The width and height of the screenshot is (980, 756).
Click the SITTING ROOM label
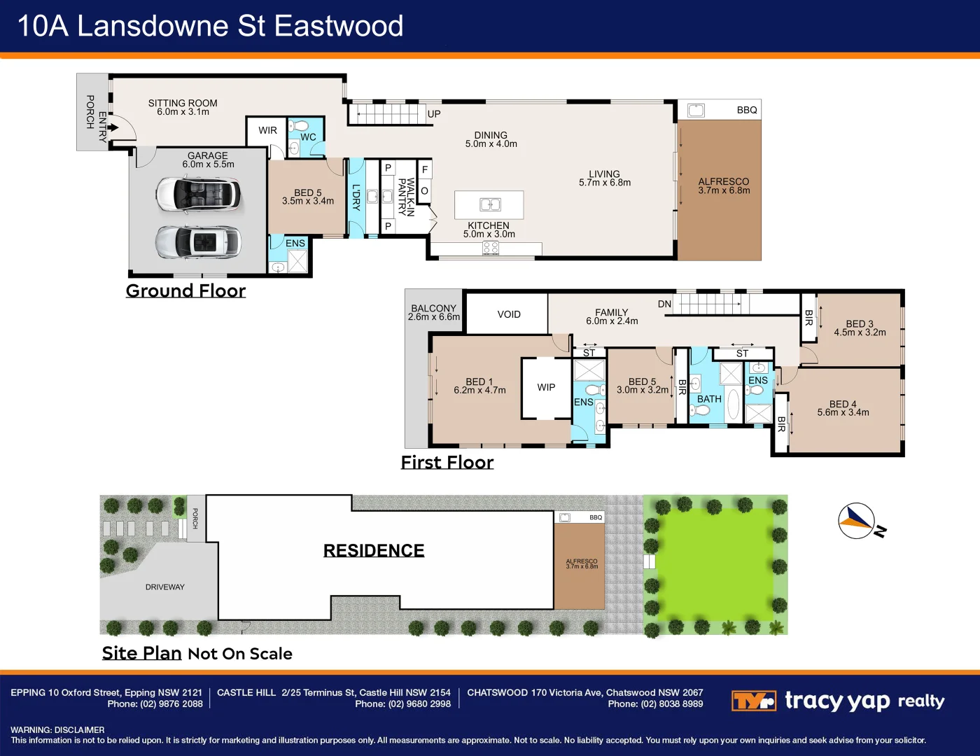point(183,103)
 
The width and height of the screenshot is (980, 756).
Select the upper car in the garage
point(198,193)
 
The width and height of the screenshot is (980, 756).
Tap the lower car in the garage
point(198,242)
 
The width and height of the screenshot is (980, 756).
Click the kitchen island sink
point(490,204)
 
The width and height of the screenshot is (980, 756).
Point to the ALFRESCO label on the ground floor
point(724,181)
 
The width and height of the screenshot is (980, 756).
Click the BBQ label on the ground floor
point(747,110)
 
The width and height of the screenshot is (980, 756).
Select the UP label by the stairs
point(434,114)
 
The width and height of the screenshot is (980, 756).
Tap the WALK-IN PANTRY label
point(406,197)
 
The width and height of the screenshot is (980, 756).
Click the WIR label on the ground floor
point(267,130)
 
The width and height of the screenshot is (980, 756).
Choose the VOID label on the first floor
point(509,314)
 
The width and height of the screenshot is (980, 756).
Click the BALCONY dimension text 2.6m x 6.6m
point(434,317)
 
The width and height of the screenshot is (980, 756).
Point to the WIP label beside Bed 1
point(546,387)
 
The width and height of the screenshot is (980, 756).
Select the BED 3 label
point(860,324)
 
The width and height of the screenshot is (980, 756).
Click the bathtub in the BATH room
point(733,404)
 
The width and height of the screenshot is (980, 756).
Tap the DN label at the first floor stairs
point(664,304)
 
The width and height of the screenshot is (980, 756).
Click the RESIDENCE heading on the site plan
point(374,550)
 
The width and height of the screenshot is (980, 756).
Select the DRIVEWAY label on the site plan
point(165,587)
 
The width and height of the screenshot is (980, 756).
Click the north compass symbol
point(857,521)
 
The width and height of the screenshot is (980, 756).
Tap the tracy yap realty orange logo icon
point(753,701)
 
